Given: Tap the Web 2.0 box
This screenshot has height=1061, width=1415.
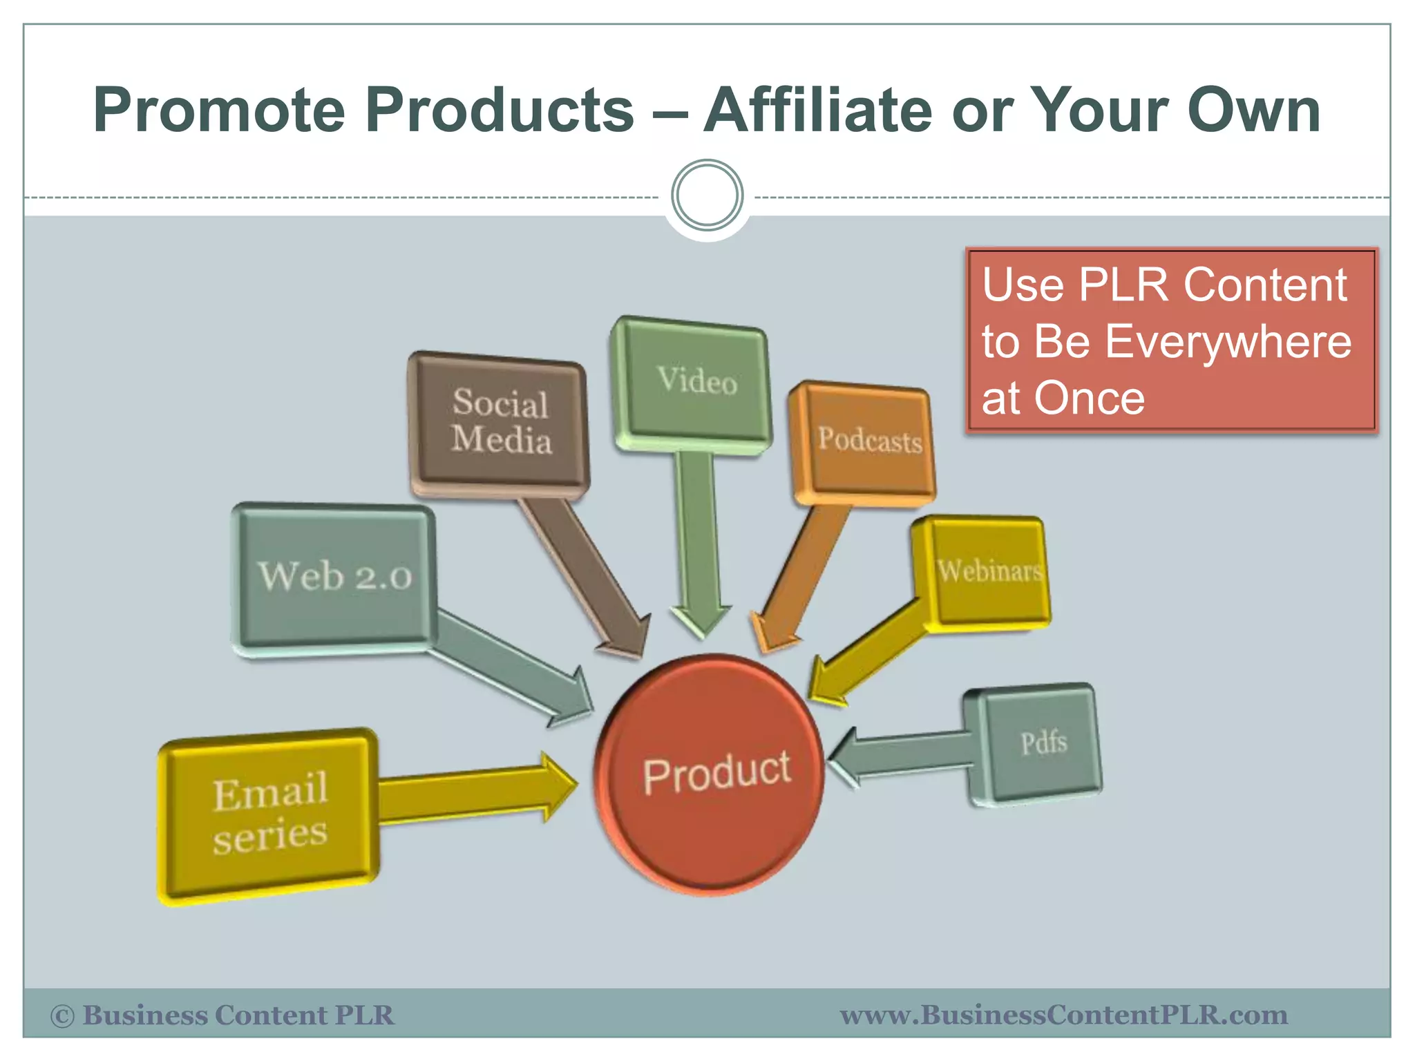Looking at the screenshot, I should pyautogui.click(x=334, y=576).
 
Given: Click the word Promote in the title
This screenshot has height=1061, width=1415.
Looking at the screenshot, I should pyautogui.click(x=218, y=111).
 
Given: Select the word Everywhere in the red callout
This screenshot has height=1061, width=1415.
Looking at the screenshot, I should pyautogui.click(x=1227, y=342).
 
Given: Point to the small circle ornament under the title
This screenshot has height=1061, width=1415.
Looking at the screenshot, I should pyautogui.click(x=707, y=195).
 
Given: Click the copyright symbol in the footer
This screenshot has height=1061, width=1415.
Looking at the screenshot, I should pyautogui.click(x=62, y=1016).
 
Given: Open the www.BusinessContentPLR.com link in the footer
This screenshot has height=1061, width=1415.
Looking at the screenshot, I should pyautogui.click(x=1063, y=1015).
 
